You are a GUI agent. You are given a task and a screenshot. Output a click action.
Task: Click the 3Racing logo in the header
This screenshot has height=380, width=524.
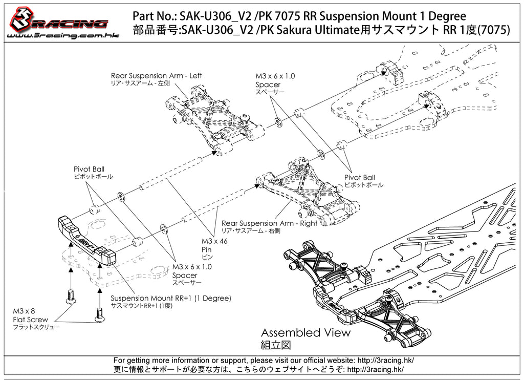click(57, 19)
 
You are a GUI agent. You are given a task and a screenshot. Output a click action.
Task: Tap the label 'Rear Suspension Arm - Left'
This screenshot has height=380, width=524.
click(156, 76)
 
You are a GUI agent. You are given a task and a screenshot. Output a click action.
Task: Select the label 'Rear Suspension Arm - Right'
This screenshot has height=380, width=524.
click(269, 223)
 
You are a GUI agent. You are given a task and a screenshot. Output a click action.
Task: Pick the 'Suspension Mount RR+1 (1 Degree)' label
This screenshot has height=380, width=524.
click(171, 298)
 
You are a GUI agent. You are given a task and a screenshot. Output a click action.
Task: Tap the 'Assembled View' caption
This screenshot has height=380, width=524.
click(305, 332)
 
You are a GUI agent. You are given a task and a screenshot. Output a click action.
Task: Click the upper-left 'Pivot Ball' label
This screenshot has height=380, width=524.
click(89, 169)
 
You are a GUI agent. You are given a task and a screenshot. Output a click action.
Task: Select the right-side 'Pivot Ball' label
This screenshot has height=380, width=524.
click(359, 178)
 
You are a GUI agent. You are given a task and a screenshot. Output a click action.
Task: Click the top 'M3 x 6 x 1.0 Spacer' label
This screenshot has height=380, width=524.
click(275, 80)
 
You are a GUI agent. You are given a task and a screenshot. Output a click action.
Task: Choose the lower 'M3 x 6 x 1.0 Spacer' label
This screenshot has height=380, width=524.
click(192, 271)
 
